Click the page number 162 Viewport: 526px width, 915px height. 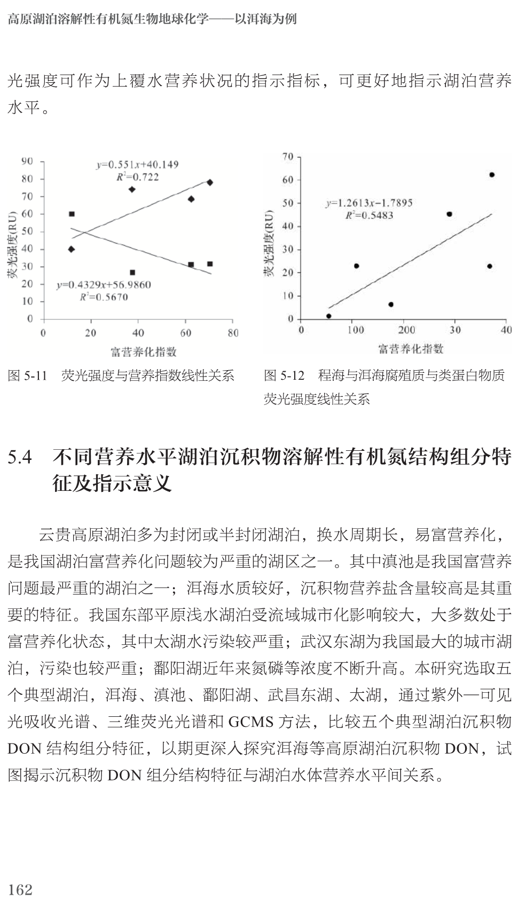point(20,889)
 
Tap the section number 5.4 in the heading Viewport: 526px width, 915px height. point(20,458)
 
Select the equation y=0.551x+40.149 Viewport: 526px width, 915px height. point(137,165)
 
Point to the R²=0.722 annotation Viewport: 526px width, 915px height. point(137,177)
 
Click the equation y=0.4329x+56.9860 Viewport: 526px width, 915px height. point(104,285)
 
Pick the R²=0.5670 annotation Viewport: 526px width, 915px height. point(104,297)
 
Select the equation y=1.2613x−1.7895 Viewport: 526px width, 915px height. point(369,203)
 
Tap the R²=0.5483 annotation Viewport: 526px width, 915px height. point(369,215)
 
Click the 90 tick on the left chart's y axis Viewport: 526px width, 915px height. point(27,161)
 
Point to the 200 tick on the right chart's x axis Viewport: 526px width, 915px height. point(406,330)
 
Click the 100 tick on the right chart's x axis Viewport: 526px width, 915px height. point(356,330)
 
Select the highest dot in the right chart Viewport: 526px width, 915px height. point(492,175)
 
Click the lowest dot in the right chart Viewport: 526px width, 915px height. point(328,316)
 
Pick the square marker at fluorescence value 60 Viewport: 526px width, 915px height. point(72,214)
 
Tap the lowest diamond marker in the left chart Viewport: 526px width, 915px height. point(72,249)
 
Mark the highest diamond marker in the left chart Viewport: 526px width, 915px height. point(210,183)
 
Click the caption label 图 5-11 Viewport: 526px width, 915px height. point(28,376)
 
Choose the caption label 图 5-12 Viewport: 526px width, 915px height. point(284,376)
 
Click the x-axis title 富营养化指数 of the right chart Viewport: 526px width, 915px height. point(411,349)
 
